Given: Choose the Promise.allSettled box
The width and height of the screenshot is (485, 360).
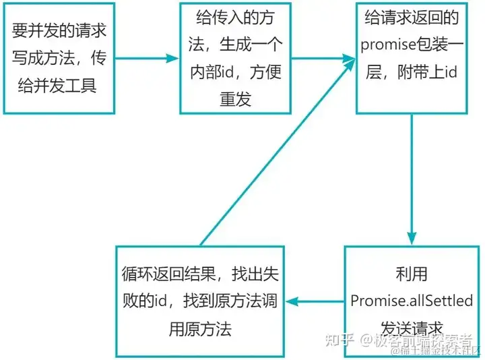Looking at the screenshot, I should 413,301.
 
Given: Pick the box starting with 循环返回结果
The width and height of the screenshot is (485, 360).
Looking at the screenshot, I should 199,301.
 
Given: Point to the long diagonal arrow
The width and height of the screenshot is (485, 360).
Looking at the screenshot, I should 276,152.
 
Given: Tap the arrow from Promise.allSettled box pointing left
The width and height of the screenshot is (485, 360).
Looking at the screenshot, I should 316,301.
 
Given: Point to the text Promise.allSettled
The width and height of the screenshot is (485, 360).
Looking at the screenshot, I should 412,301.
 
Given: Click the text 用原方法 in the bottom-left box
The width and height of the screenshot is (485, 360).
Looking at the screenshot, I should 199,329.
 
